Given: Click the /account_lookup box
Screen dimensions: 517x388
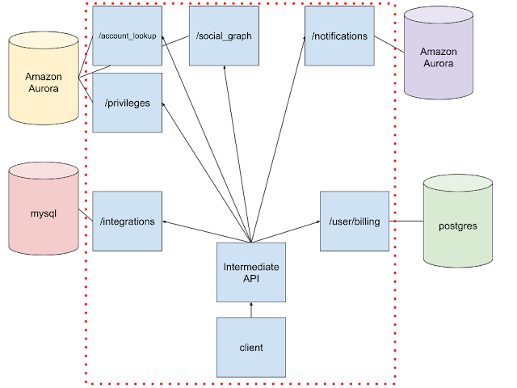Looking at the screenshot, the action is coord(128,36).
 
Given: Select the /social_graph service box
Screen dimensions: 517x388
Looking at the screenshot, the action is coord(224,36).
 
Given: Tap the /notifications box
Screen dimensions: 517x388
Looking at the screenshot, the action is coord(339,36).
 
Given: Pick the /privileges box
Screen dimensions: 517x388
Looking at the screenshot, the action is coord(128,103).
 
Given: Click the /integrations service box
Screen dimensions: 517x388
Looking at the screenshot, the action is coord(128,221).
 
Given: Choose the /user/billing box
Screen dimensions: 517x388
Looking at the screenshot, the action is coord(355,221).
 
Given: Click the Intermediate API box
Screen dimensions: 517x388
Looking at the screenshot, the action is coord(251,272).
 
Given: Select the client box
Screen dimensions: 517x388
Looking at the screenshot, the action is coord(251,347).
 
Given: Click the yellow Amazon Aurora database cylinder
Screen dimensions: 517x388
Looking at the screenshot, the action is coord(44,78).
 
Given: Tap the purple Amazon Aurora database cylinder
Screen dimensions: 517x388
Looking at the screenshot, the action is coord(439,53).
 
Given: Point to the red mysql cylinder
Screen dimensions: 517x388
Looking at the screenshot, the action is coord(44,209).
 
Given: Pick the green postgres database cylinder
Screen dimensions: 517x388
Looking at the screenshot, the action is coord(458,221).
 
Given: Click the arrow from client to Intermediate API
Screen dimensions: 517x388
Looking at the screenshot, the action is coord(251,310).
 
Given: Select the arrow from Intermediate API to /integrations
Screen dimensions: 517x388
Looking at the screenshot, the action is coord(207,232).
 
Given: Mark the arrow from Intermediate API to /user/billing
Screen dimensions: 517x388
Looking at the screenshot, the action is coord(285,232).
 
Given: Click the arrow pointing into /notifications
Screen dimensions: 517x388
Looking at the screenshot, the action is coord(278,139).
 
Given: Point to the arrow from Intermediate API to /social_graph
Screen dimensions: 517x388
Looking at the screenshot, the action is coord(237,154).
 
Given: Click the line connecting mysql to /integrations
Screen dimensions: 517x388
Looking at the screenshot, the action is coord(86,215).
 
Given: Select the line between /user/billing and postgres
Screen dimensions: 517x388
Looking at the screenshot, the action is coord(406,221).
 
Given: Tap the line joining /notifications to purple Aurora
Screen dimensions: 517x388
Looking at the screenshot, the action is coord(389,44).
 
